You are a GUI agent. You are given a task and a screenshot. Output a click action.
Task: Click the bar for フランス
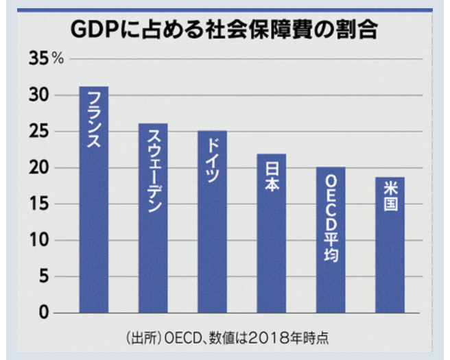pos(94,200)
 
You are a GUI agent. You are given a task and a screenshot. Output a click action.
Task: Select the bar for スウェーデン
pos(153,218)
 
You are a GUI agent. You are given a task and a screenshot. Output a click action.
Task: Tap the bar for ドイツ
pos(212,221)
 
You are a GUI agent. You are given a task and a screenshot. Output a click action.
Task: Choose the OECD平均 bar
pos(331,240)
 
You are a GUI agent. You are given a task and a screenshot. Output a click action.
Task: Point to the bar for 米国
pos(390,245)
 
